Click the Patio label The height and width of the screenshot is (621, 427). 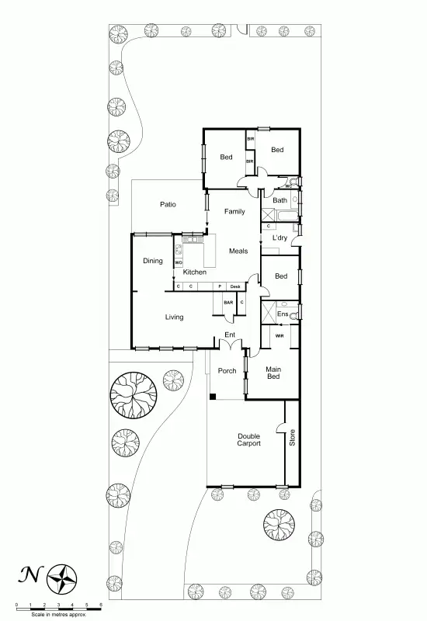pos(168,205)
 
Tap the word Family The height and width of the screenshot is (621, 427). pos(234,211)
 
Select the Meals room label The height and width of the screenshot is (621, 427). pos(238,251)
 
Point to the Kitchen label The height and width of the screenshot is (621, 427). pos(194,272)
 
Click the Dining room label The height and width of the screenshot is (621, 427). pos(153,261)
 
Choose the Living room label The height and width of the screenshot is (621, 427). pos(174,317)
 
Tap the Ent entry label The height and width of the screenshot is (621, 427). pos(230,335)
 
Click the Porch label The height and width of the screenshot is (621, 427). pos(227,371)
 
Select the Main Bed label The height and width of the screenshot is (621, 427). pos(273,373)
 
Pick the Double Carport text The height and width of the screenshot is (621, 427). pos(248,439)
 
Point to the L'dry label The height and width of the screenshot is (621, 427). pos(280,238)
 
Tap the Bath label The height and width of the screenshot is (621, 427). pos(279,200)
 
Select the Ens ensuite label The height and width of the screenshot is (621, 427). pos(282,314)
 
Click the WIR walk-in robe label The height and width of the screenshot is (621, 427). pos(279,335)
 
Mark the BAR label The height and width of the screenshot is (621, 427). pos(228,302)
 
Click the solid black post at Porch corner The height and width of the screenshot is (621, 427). pos(212,397)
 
